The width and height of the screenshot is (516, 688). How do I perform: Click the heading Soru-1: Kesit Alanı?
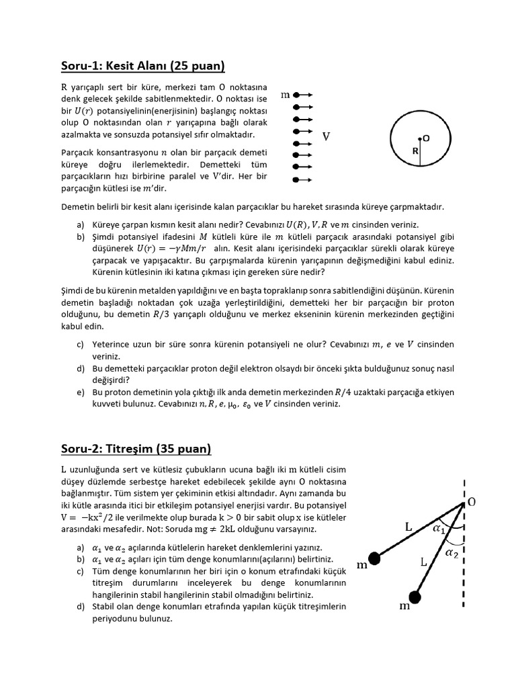click(x=142, y=66)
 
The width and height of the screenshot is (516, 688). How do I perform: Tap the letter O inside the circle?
click(x=426, y=137)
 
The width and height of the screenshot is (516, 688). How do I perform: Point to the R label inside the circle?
click(x=416, y=152)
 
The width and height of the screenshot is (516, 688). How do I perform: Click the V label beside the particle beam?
click(x=326, y=137)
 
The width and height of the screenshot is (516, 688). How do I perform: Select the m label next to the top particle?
click(x=285, y=95)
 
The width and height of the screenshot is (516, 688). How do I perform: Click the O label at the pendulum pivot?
click(x=472, y=503)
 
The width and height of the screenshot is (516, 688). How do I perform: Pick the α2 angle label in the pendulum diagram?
click(x=453, y=552)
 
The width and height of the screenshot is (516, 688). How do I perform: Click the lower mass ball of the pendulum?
click(x=415, y=596)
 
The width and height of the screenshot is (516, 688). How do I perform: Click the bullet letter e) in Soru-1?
click(x=81, y=392)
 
